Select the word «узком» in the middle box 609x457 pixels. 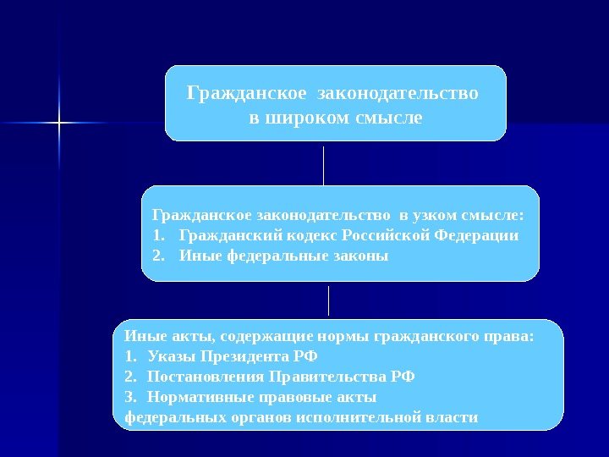(436, 215)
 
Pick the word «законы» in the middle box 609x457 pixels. (359, 255)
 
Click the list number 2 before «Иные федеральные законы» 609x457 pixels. (156, 255)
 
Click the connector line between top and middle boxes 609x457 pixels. (324, 164)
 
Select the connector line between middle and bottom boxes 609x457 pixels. (328, 300)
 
